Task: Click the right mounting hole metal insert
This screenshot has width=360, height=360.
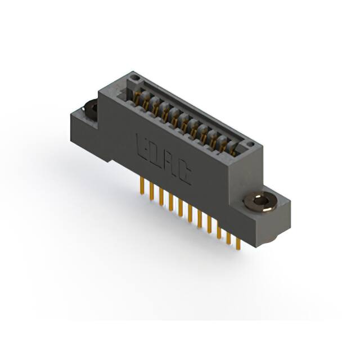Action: pyautogui.click(x=260, y=201)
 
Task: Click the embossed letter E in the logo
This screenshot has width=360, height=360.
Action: pyautogui.click(x=142, y=144)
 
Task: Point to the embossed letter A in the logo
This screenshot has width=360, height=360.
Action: pyautogui.click(x=170, y=164)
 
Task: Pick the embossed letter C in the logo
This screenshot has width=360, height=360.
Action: pyautogui.click(x=184, y=173)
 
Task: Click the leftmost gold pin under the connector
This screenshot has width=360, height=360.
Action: pyautogui.click(x=142, y=187)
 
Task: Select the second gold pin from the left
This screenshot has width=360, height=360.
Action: pyautogui.click(x=151, y=192)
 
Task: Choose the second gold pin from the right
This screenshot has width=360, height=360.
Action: pyautogui.click(x=229, y=237)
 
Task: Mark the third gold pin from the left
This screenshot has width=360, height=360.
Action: pyautogui.click(x=161, y=197)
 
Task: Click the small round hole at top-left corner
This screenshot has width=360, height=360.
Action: pyautogui.click(x=133, y=76)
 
